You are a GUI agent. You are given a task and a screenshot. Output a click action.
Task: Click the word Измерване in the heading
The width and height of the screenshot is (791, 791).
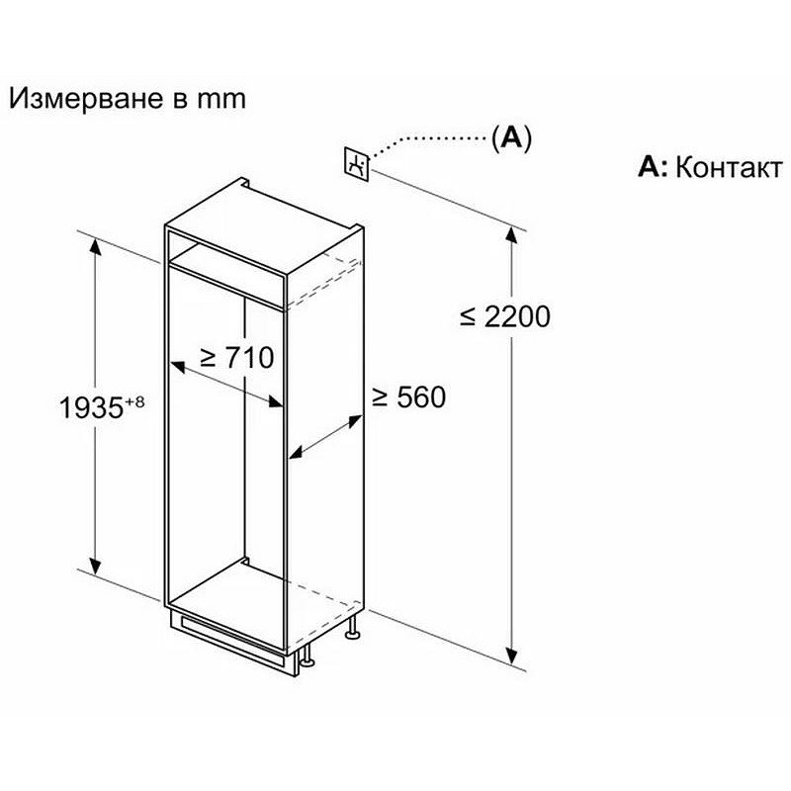[86, 99]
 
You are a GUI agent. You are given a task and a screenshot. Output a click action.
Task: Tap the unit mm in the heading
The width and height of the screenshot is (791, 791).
[220, 100]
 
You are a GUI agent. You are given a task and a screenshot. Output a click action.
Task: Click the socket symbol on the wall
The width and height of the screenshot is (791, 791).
[357, 164]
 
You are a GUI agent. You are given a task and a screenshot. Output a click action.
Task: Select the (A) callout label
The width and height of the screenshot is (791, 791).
[511, 137]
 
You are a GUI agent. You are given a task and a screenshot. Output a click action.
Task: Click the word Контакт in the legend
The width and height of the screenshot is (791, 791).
[729, 167]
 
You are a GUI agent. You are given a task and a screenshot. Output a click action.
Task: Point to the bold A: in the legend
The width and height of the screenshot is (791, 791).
[653, 167]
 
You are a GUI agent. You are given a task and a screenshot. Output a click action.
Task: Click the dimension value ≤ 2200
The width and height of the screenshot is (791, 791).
[505, 316]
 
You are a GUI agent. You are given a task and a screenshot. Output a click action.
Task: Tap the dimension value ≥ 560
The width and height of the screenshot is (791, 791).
[409, 396]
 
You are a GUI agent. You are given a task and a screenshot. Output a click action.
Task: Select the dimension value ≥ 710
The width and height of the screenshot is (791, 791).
[237, 357]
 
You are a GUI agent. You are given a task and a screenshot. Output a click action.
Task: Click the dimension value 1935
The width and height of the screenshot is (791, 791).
[91, 407]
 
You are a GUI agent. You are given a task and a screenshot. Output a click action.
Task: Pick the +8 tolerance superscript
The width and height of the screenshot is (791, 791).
[134, 402]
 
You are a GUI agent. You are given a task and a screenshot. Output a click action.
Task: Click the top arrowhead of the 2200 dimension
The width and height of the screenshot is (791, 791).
[511, 236]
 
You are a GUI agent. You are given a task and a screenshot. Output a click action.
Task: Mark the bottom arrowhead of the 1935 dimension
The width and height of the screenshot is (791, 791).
[95, 566]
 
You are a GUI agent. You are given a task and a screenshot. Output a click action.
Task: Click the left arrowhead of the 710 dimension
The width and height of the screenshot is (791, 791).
[178, 367]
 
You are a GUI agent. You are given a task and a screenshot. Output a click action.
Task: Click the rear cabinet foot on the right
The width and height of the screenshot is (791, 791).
[353, 628]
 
